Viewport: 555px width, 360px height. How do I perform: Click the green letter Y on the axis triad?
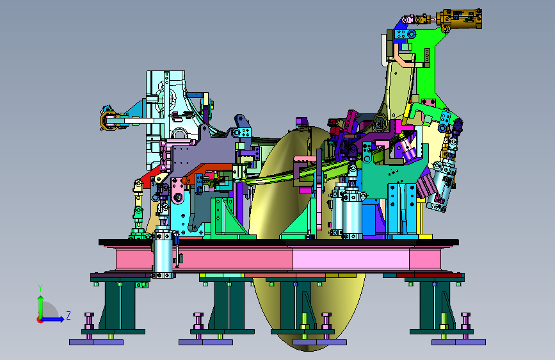click(x=40, y=288)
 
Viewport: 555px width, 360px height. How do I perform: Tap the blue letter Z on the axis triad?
click(x=68, y=315)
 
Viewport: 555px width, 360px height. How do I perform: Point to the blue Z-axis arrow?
click(x=52, y=319)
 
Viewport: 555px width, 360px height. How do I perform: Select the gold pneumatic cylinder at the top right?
click(x=459, y=19)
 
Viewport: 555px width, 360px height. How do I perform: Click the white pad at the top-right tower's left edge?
click(x=383, y=49)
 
